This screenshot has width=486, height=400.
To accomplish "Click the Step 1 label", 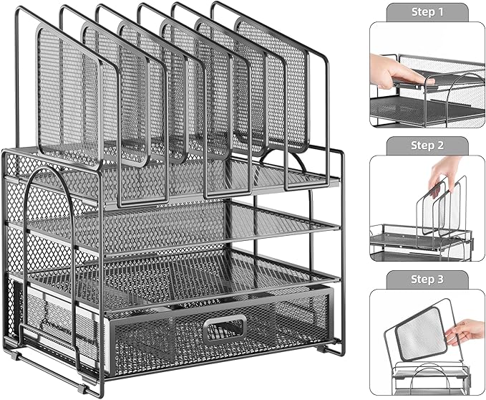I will [427, 12].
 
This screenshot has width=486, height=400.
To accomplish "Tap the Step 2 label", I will [427, 146].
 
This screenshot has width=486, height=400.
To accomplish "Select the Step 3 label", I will [427, 279].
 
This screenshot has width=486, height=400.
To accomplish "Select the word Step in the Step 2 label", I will [422, 146].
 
